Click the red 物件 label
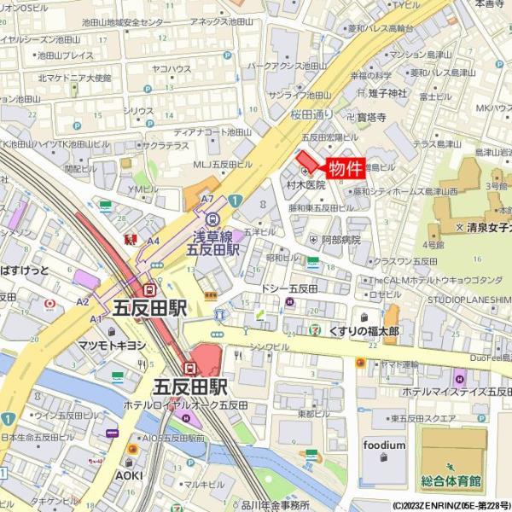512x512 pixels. point(345,167)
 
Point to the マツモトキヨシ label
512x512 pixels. point(112,345)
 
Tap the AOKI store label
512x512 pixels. point(130,474)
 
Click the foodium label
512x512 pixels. point(384,445)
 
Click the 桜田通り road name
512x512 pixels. point(311,113)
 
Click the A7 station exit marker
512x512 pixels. point(207,199)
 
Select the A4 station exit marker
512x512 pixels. point(153,241)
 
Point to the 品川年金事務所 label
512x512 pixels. point(272,505)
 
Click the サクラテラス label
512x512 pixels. point(166,146)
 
